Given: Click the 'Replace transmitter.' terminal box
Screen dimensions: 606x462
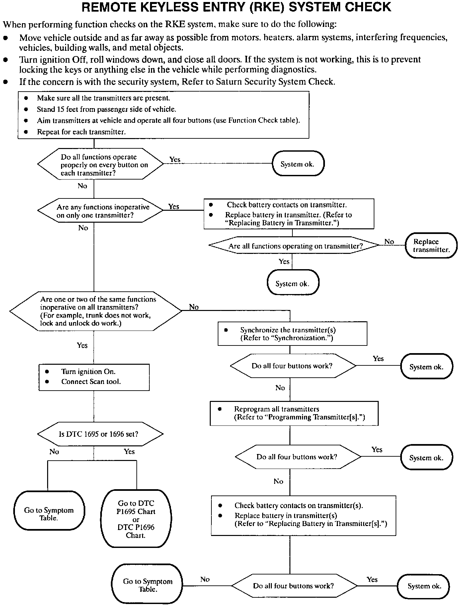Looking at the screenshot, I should coord(431,246).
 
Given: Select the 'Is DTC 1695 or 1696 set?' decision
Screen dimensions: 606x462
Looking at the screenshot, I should coord(100,434).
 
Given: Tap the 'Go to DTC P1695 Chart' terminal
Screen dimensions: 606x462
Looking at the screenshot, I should coord(136,519).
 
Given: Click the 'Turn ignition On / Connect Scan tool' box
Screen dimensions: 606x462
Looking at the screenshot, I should coord(94,377).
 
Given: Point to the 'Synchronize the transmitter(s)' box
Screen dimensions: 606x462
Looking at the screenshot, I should coord(292,334).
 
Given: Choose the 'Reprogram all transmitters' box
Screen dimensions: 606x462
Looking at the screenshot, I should coord(294,413).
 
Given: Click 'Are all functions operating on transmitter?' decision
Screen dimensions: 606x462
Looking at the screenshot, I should coord(294,246).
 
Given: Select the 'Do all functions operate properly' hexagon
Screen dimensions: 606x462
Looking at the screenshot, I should coord(100,165).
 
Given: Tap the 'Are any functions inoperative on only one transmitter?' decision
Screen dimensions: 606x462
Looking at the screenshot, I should coord(100,211).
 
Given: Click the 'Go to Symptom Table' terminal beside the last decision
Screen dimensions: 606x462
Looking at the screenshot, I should coord(148,585).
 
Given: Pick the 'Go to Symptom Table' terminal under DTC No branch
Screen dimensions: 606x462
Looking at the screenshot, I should coord(49,514).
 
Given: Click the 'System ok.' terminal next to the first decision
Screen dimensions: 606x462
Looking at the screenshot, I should coord(297,164).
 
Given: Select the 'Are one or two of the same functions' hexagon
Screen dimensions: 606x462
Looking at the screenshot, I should coord(96,311).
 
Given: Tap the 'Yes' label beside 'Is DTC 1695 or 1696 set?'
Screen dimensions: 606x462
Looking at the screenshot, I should coord(129,451).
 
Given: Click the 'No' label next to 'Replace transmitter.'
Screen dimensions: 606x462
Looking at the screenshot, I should coord(389,242).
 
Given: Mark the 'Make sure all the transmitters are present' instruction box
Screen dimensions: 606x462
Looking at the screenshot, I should coord(163,115).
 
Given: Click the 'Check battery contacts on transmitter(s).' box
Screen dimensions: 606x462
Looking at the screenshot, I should coord(303,515).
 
